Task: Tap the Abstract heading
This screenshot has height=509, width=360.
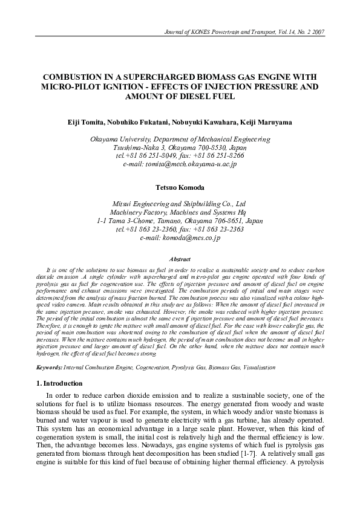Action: click(x=180, y=258)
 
